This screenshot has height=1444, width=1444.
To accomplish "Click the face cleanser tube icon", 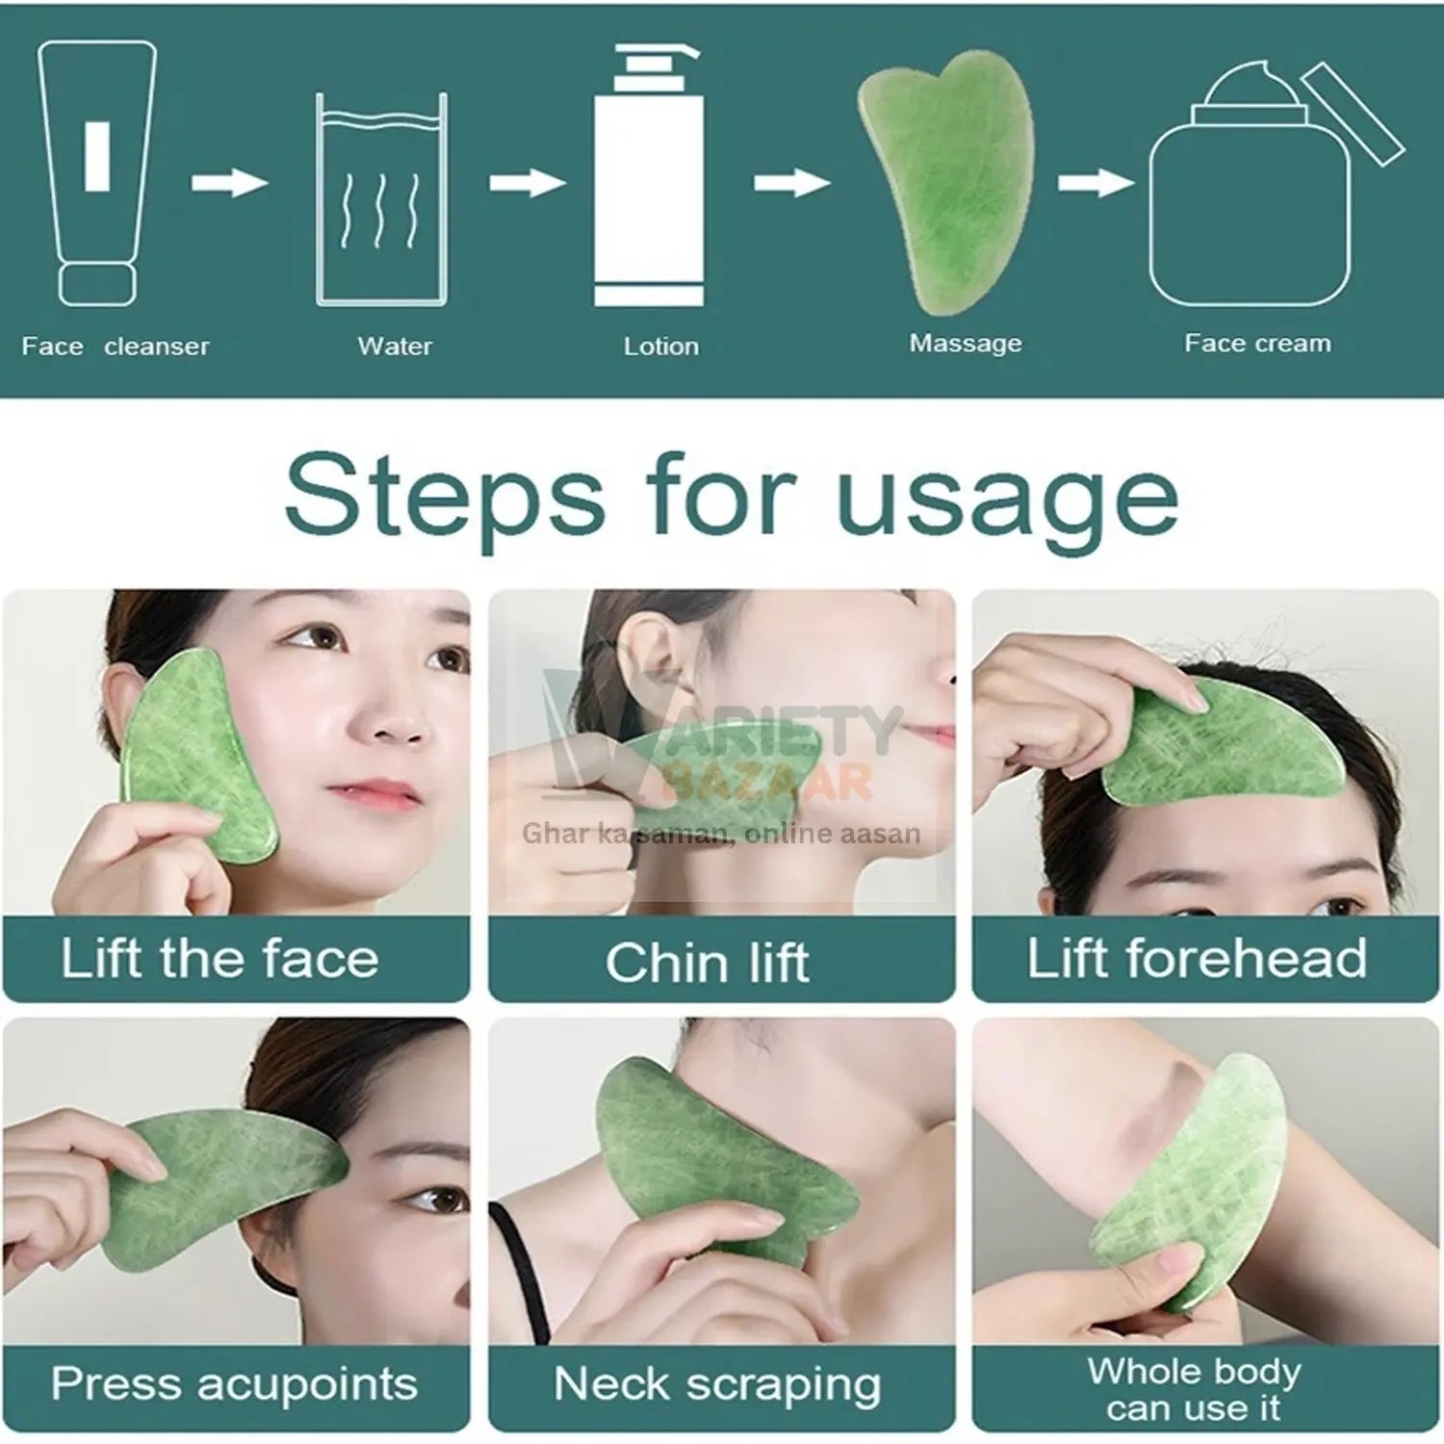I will pos(96,173).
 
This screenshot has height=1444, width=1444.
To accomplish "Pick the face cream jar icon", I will pos(1251,193).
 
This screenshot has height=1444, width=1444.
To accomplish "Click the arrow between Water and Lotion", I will pos(527,182).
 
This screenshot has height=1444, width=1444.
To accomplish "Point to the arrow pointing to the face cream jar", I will pos(1096,182).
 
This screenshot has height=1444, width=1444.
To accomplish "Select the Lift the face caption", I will pos(219,959).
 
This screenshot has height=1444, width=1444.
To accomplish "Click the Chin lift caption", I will pos(708,963).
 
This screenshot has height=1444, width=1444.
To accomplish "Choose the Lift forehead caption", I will pos(1197,959).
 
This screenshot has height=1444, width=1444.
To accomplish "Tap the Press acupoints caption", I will pos(234,1384).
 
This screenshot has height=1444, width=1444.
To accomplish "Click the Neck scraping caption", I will pos(717,1384).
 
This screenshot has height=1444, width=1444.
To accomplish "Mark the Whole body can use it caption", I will pos(1194,1389).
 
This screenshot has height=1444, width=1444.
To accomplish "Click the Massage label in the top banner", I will pos(966,344).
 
